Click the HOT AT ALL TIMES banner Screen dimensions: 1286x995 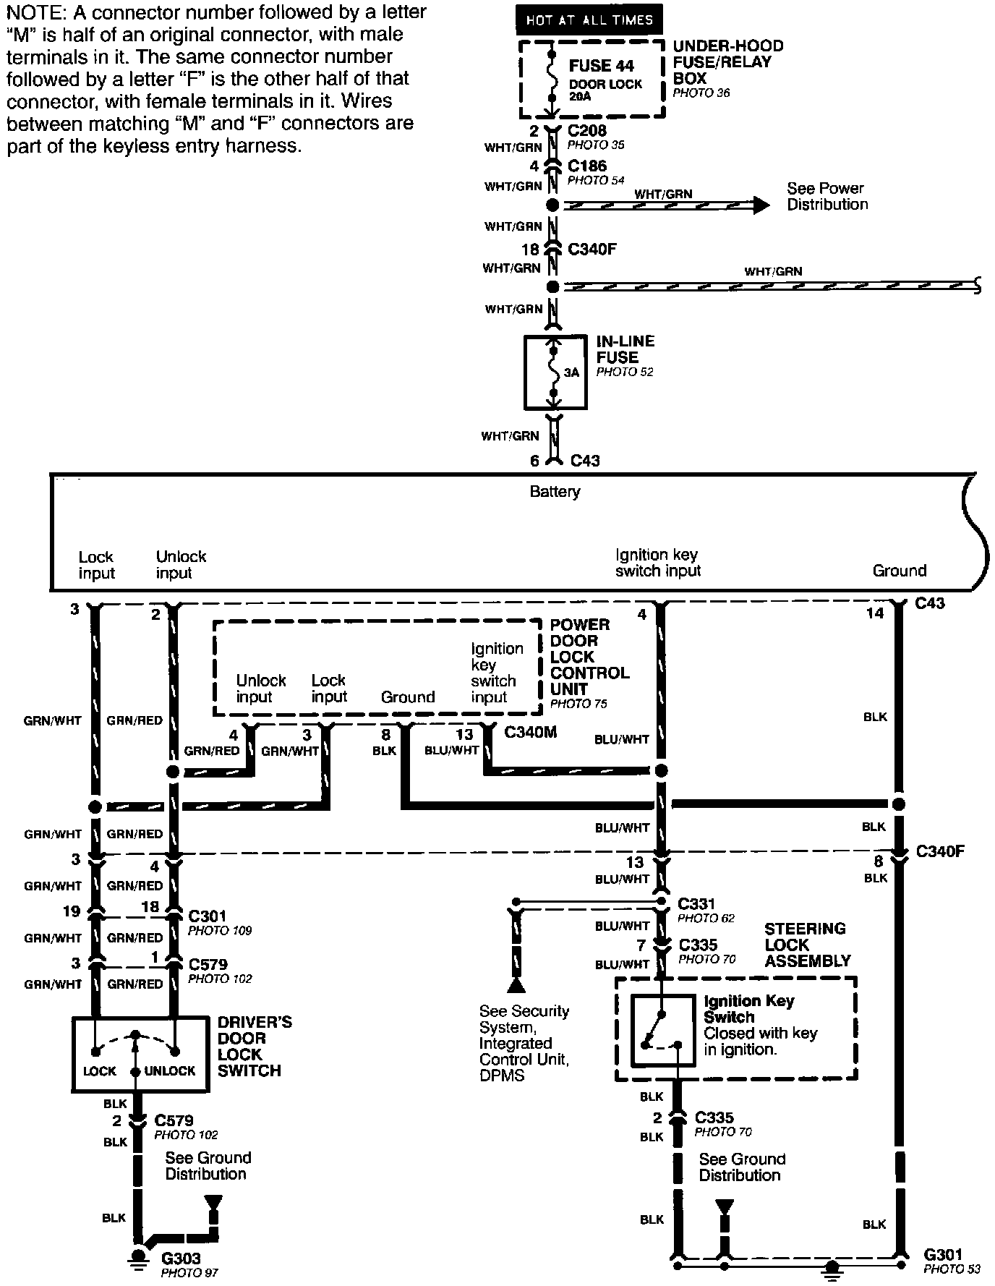[589, 20]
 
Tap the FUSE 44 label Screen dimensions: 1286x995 [601, 66]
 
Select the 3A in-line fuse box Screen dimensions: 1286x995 [555, 372]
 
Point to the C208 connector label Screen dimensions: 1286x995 [587, 132]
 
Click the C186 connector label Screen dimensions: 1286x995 [587, 166]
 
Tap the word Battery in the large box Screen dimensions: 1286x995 [555, 492]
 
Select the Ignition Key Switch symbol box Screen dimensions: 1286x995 [663, 1031]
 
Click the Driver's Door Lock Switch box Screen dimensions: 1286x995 [135, 1055]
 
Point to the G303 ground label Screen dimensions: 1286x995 [181, 1259]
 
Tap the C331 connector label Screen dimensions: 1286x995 [696, 903]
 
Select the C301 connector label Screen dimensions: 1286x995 [207, 916]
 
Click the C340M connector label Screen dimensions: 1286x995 [530, 733]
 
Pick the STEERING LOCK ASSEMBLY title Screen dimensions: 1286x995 [807, 945]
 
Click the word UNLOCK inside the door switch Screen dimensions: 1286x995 [170, 1071]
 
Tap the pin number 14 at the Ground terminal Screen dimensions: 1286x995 [875, 613]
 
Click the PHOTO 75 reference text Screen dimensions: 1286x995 [578, 704]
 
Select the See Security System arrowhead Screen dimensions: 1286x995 [516, 985]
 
